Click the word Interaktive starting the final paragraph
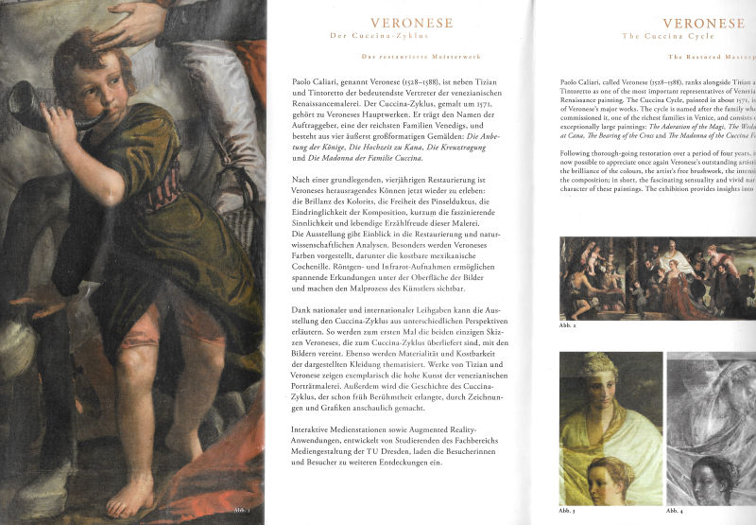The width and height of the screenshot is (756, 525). [316, 429]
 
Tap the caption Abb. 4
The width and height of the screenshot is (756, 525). [675, 511]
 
